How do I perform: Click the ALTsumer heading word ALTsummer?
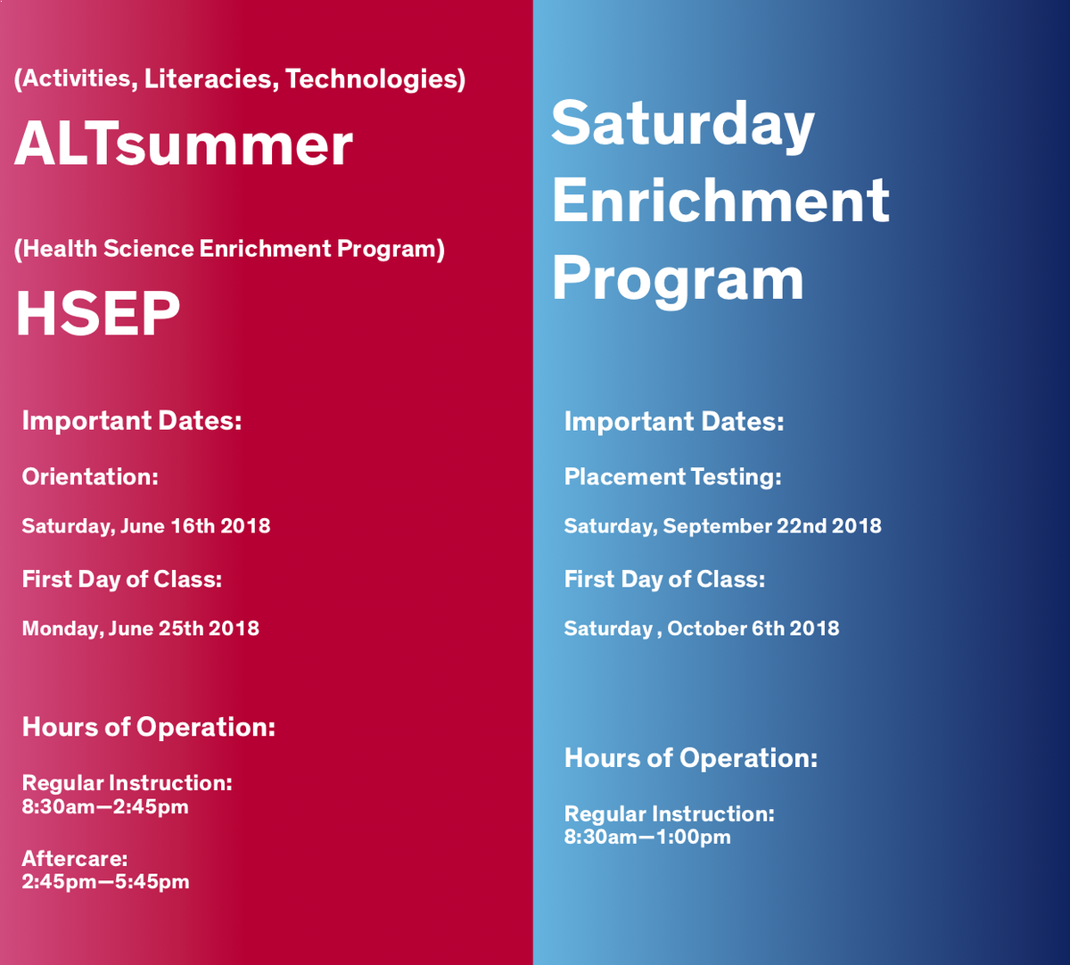point(183,144)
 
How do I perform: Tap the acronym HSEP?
point(97,313)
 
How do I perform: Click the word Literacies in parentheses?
point(209,78)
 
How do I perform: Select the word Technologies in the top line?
point(375,78)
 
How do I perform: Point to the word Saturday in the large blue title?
point(682,125)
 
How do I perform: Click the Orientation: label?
point(90,476)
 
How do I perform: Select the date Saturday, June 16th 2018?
point(146,525)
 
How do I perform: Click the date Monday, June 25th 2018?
point(141,628)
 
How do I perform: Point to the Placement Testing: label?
point(672,476)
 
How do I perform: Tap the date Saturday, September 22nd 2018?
point(722,525)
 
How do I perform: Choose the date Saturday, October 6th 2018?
point(702,628)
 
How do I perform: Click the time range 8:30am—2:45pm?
point(105,807)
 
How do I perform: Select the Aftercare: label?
point(75,859)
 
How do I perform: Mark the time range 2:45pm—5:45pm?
point(105,882)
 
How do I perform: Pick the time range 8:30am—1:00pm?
point(647,837)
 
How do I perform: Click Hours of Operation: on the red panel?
point(149,727)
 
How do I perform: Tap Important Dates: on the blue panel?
point(674,421)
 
